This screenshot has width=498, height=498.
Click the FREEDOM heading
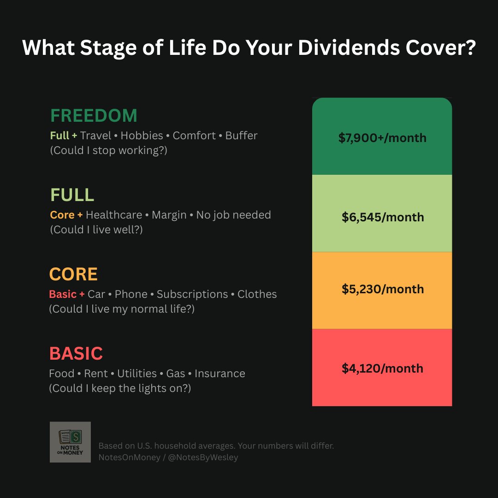tap(94, 116)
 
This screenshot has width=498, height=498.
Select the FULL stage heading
tap(72, 195)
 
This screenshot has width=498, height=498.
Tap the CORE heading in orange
tap(73, 274)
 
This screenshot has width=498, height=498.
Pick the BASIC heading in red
tap(76, 354)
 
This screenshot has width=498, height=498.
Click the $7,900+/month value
tap(382, 137)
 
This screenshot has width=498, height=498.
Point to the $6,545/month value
tap(383, 217)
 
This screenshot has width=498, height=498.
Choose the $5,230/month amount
tap(383, 289)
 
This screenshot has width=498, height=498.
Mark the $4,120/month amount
tap(382, 368)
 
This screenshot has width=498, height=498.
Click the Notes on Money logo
tap(70, 442)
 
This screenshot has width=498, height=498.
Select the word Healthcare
tap(114, 215)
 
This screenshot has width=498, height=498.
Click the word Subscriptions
tap(192, 294)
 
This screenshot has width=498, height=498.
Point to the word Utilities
tap(136, 373)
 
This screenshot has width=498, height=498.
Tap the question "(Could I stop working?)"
tap(108, 150)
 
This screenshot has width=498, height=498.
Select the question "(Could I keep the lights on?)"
tap(120, 388)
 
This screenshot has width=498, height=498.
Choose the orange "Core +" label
tap(66, 215)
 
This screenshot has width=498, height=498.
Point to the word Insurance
tap(219, 373)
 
